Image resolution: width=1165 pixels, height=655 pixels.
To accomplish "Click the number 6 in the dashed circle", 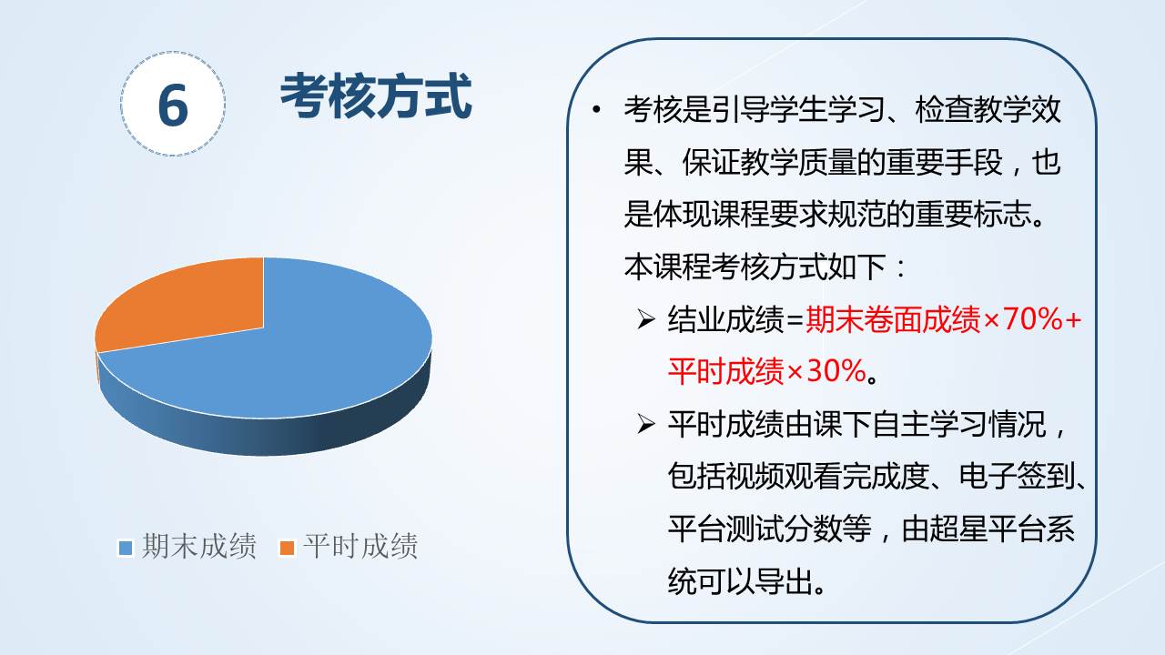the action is point(173,106).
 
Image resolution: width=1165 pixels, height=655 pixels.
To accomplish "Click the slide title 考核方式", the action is point(376,96).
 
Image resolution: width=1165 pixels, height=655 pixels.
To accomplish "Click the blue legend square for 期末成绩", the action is point(126,548).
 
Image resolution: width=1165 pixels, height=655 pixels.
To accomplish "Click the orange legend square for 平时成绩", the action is point(287,548).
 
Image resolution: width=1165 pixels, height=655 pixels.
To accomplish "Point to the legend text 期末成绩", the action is point(199,547).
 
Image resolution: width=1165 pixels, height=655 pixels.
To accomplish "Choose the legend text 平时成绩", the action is point(360,547).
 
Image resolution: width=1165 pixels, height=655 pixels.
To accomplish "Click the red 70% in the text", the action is point(1032,319).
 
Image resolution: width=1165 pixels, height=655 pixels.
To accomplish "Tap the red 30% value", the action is point(836,371).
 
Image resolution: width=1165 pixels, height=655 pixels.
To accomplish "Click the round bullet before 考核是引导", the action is point(596,109).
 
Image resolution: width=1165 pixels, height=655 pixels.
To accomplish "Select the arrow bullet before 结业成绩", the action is point(645,319).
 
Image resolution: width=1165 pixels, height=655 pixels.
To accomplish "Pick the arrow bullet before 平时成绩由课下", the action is point(645,424).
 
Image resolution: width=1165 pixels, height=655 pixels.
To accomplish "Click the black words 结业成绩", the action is point(725,319).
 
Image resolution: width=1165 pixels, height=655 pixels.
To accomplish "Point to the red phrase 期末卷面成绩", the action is point(893,319).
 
